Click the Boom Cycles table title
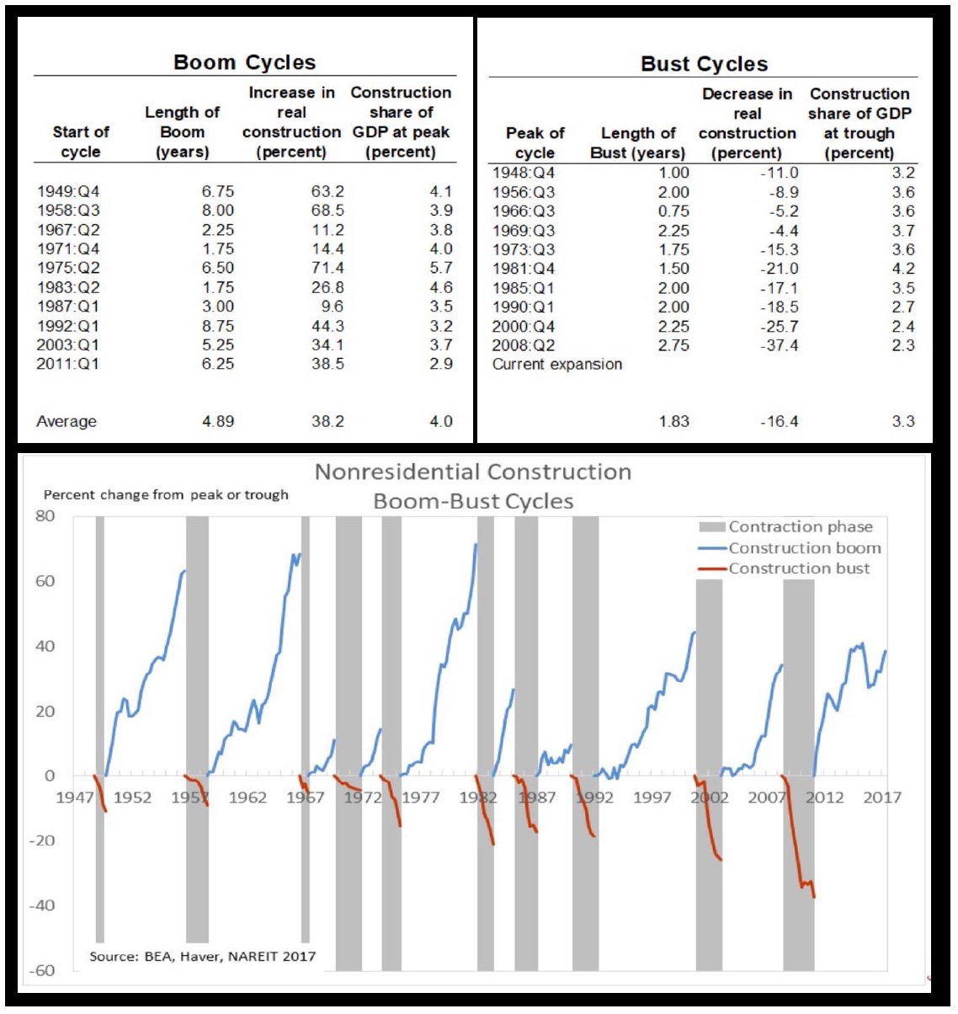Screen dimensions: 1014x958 [244, 62]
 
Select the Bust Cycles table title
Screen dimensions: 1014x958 [704, 64]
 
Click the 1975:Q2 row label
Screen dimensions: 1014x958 [68, 268]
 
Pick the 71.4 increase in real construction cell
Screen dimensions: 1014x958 [327, 268]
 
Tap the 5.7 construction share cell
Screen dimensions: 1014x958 [440, 268]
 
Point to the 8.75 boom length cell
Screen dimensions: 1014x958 [217, 326]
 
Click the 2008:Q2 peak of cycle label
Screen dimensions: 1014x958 [524, 345]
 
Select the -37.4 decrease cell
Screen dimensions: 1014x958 [779, 345]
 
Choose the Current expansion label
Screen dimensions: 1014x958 [557, 365]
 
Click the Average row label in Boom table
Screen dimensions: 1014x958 [67, 421]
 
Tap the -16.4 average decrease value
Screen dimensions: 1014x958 [779, 421]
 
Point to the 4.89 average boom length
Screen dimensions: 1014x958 [217, 421]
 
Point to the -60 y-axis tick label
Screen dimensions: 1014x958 [42, 970]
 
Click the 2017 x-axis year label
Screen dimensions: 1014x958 [881, 798]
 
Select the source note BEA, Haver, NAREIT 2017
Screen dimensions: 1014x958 [203, 956]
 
